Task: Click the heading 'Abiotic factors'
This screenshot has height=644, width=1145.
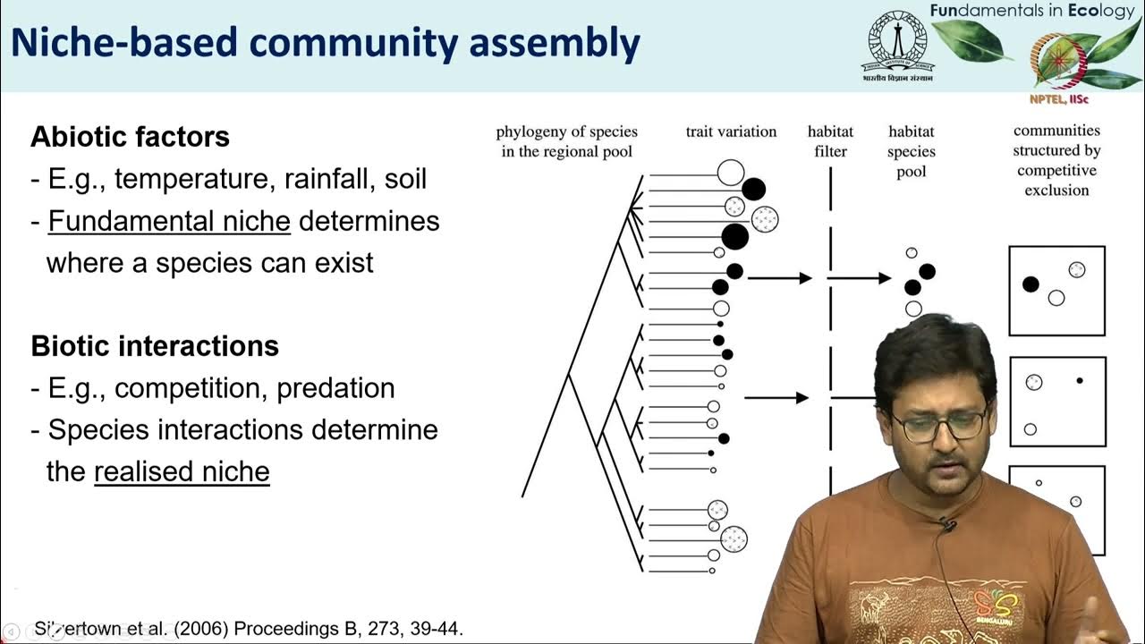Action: tap(130, 137)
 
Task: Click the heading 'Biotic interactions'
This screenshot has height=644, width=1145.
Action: tap(155, 346)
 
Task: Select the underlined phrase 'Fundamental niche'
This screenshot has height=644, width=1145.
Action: tap(169, 221)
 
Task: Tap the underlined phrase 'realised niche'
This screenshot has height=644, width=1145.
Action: tap(182, 471)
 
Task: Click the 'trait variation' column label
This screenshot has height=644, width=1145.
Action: tap(731, 131)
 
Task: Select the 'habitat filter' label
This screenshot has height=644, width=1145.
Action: tap(830, 141)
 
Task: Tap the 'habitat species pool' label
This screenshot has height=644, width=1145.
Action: tap(911, 151)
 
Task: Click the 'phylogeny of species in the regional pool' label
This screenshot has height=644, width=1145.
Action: tap(565, 141)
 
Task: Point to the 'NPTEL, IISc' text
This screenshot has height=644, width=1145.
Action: tap(1058, 99)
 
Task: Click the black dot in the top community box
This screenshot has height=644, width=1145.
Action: tap(1030, 284)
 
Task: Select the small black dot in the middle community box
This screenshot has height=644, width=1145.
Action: tap(1080, 381)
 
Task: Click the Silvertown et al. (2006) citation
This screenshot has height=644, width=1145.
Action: tap(249, 629)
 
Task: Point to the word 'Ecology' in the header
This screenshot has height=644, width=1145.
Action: tap(1097, 11)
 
